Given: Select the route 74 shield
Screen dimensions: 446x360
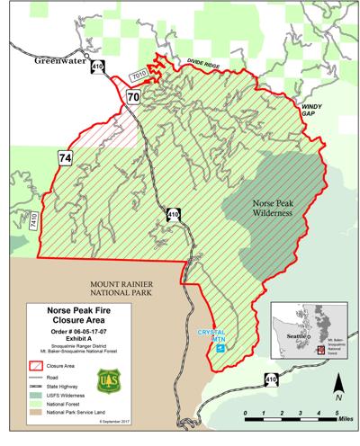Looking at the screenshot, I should coord(66,157).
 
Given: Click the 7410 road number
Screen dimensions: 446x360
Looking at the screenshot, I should coord(33,220).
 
